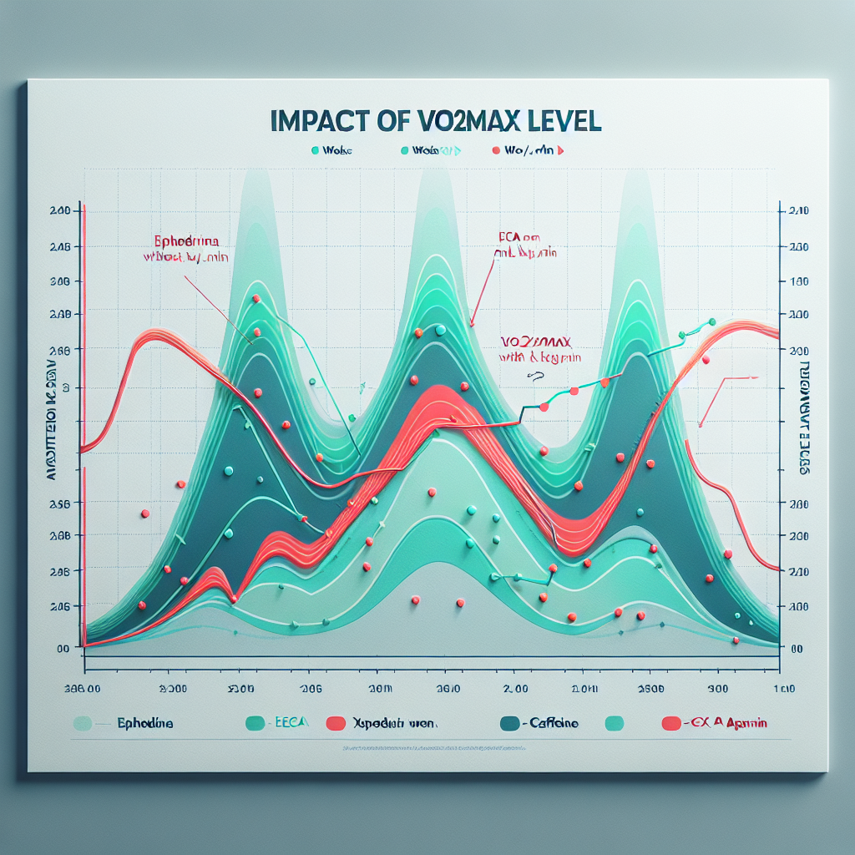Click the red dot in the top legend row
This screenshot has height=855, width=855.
(496, 151)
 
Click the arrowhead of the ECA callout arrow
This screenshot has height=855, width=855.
(473, 323)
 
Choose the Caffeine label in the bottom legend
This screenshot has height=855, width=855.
(554, 723)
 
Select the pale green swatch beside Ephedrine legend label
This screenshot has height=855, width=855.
(82, 723)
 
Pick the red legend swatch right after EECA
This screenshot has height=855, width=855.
(336, 723)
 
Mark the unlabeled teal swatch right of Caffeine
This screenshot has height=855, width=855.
(615, 723)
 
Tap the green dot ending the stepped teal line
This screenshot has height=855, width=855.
(712, 321)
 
